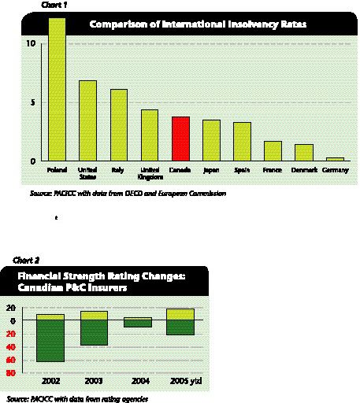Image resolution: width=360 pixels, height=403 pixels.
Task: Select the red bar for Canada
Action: [180, 139]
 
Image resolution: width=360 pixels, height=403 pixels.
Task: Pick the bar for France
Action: [273, 151]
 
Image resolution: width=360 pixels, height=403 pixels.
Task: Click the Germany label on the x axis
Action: [334, 170]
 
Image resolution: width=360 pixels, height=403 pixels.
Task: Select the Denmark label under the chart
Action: [303, 170]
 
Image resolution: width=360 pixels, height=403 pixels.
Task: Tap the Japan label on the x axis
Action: [211, 170]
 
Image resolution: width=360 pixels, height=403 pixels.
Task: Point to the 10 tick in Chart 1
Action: [31, 43]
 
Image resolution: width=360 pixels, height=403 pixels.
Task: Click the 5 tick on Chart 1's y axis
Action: [33, 102]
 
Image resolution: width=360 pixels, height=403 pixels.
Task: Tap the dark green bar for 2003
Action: [94, 333]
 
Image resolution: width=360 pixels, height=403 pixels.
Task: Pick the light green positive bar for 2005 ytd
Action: [180, 314]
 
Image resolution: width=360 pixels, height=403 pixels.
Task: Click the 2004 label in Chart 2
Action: [136, 381]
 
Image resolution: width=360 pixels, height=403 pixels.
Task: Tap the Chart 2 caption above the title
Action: [27, 259]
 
